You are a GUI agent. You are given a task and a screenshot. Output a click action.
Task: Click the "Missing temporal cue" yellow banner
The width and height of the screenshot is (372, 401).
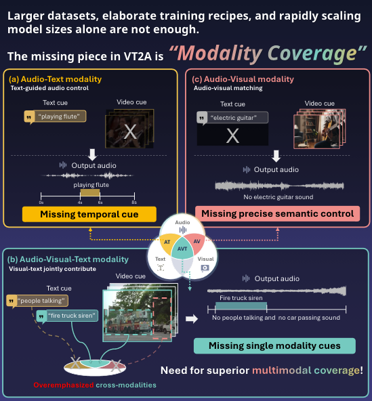89,214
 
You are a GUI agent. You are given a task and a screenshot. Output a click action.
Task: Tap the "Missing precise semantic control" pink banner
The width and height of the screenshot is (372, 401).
277,213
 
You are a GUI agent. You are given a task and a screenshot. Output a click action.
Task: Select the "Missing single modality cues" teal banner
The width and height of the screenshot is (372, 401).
274,345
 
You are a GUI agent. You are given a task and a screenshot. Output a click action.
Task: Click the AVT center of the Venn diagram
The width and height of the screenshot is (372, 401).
182,249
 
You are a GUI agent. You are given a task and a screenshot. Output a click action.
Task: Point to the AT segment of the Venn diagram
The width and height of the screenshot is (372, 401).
167,242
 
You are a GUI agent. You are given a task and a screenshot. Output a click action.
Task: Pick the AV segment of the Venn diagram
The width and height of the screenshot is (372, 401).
197,242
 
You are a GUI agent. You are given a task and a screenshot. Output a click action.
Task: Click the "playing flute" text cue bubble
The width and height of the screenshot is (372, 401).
56,117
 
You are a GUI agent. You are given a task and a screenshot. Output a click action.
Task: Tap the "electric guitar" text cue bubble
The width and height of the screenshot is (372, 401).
232,118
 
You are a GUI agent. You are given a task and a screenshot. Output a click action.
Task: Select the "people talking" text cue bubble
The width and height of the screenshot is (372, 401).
37,301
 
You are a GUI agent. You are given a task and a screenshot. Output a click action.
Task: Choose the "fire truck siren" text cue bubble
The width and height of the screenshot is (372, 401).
67,316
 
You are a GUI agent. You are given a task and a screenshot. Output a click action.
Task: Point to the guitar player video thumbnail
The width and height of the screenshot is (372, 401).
316,131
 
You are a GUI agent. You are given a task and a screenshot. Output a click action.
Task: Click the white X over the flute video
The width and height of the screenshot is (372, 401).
130,132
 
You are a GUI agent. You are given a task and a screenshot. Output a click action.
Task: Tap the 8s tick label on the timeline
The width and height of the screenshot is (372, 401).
134,203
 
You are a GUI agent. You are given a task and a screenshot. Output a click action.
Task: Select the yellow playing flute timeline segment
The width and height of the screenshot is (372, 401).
90,192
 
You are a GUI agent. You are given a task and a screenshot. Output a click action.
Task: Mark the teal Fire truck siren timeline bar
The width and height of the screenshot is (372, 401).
241,306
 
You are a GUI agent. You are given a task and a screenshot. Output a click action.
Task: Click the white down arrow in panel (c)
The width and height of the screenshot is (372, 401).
276,156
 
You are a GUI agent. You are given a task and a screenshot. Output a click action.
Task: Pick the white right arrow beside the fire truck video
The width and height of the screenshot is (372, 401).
192,318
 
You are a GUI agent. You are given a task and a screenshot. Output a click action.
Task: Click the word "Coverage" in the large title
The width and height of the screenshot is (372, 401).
312,54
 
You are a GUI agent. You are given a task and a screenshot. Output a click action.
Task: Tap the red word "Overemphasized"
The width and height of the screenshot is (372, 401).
64,385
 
